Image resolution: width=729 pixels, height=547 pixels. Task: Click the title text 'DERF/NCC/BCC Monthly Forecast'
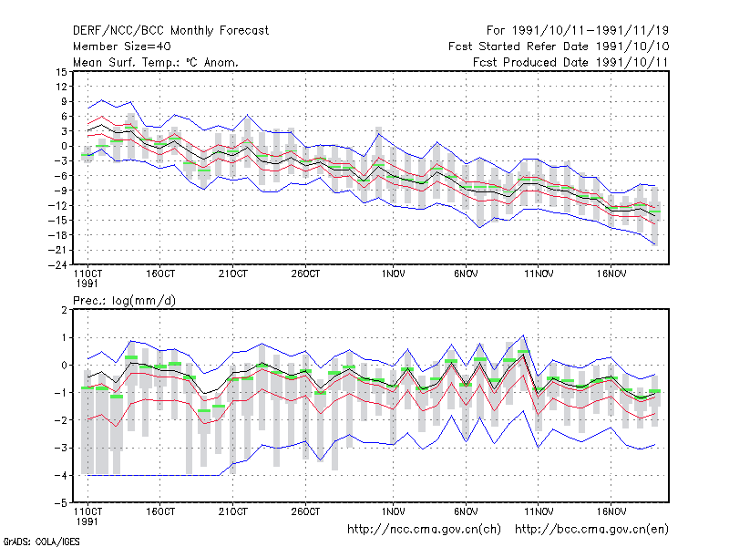170,31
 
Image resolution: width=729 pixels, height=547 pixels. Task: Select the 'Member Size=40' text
122,46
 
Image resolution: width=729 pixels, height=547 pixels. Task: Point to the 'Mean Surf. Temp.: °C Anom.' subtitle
156,62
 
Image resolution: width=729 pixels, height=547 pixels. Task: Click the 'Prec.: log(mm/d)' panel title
124,301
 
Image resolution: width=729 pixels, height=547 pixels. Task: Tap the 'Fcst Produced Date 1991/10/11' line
570,62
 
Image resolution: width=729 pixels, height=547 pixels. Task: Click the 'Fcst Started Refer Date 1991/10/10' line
559,46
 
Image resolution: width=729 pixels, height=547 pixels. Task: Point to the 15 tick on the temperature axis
61,72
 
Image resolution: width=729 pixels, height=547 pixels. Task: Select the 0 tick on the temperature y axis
64,146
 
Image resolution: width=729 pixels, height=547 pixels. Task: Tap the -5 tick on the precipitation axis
61,503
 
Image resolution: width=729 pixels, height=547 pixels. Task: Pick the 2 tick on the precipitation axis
64,310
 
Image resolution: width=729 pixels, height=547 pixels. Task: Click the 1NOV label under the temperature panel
394,274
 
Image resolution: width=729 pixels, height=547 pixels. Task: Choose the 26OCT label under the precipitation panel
305,511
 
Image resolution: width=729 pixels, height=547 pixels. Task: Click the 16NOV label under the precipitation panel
611,511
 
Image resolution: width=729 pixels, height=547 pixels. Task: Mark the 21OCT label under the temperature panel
233,274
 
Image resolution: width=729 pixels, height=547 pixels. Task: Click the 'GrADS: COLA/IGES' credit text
41,542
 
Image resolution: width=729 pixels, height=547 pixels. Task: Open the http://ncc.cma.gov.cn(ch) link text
424,530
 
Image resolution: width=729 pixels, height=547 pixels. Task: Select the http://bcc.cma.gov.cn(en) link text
591,530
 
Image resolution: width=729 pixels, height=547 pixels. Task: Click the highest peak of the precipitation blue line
523,335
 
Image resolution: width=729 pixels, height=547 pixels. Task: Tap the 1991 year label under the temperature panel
87,284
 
